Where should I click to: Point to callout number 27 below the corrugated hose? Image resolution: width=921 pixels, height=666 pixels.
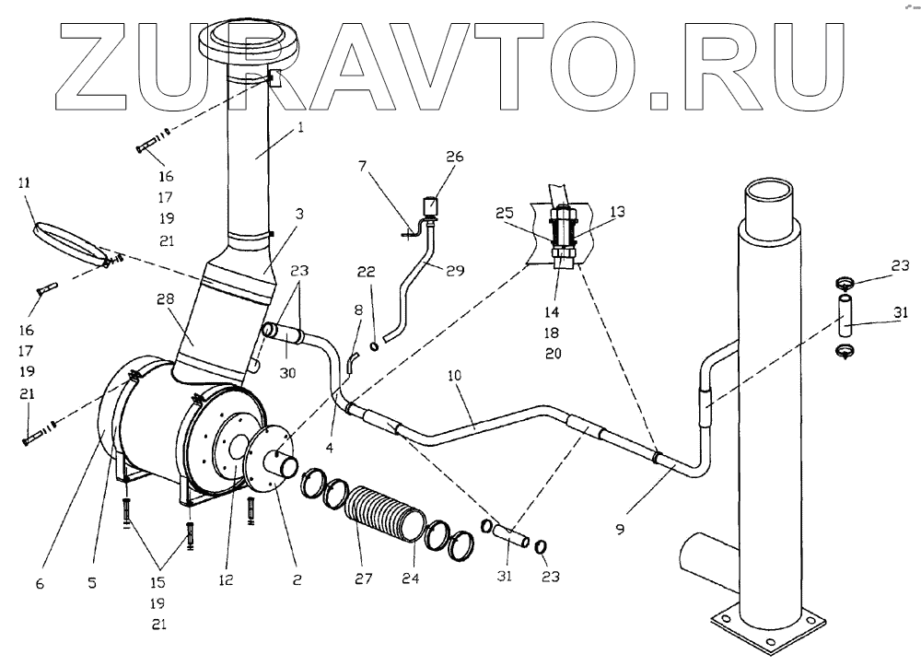tap(363, 581)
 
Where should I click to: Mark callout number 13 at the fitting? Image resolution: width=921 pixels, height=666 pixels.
tap(616, 211)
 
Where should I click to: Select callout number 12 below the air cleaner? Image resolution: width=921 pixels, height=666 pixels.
tap(226, 581)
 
